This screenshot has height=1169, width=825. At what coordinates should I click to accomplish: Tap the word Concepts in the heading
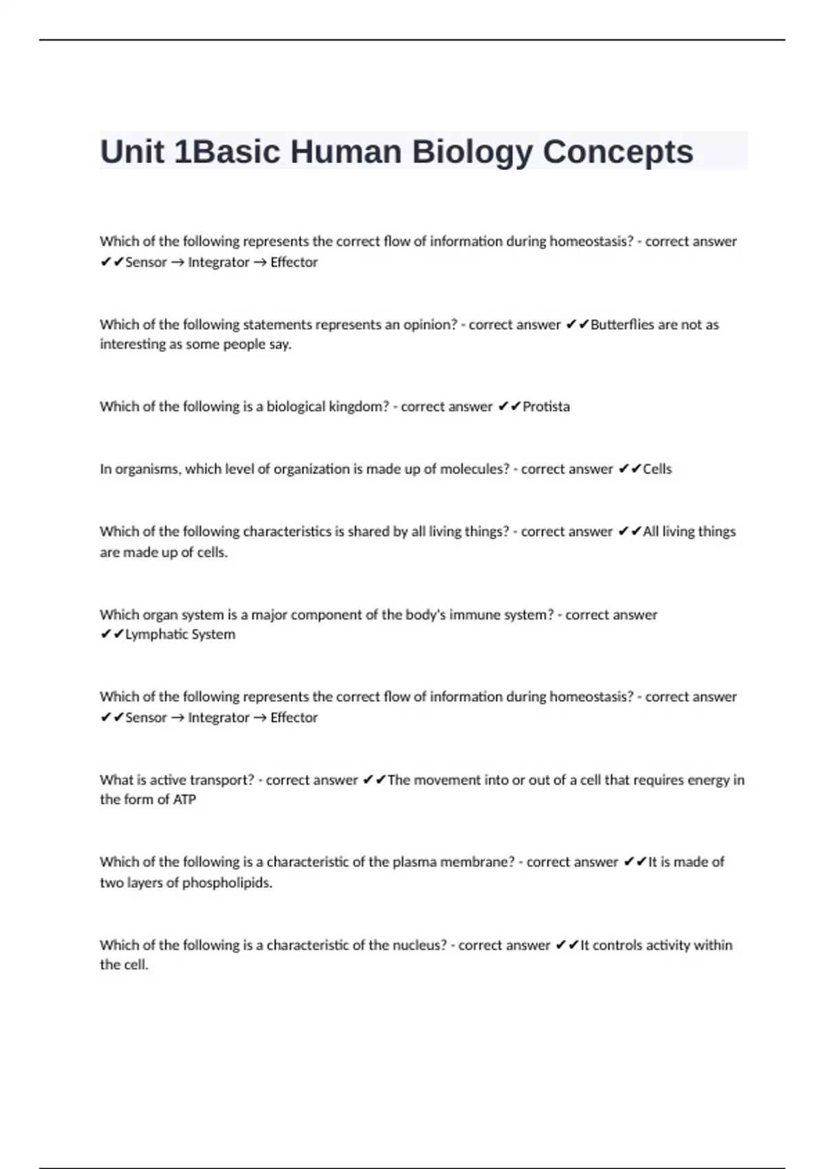[x=617, y=152]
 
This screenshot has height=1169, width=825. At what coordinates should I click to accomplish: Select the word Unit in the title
[x=133, y=152]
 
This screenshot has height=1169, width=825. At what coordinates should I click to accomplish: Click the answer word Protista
[x=546, y=406]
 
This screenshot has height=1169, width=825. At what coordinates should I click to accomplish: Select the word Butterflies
[x=621, y=325]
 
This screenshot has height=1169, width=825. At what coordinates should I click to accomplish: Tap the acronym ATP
[x=184, y=799]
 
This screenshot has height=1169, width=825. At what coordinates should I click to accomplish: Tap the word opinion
[x=430, y=325]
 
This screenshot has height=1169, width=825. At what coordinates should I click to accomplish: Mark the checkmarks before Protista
[x=508, y=406]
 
